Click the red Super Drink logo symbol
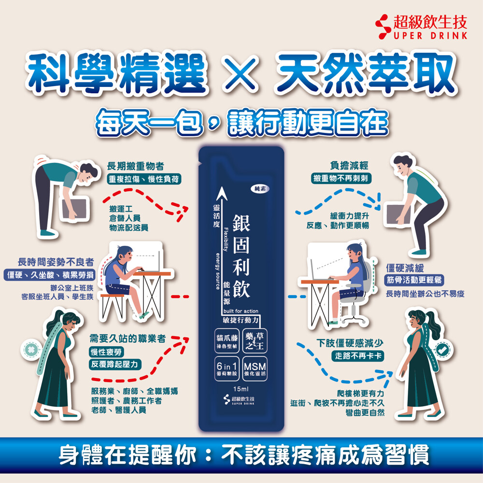(383, 27)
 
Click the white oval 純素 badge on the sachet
(260, 188)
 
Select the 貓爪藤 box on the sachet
(227, 341)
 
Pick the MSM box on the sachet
(255, 369)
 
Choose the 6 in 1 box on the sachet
(227, 369)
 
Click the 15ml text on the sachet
(241, 389)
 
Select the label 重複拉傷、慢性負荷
(144, 179)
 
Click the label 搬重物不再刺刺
(341, 178)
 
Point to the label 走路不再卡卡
(357, 356)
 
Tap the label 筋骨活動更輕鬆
(414, 280)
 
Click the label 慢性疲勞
(106, 352)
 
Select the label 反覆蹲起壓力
(115, 364)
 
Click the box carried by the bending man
(74, 210)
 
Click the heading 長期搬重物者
(136, 166)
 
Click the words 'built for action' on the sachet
(241, 311)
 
